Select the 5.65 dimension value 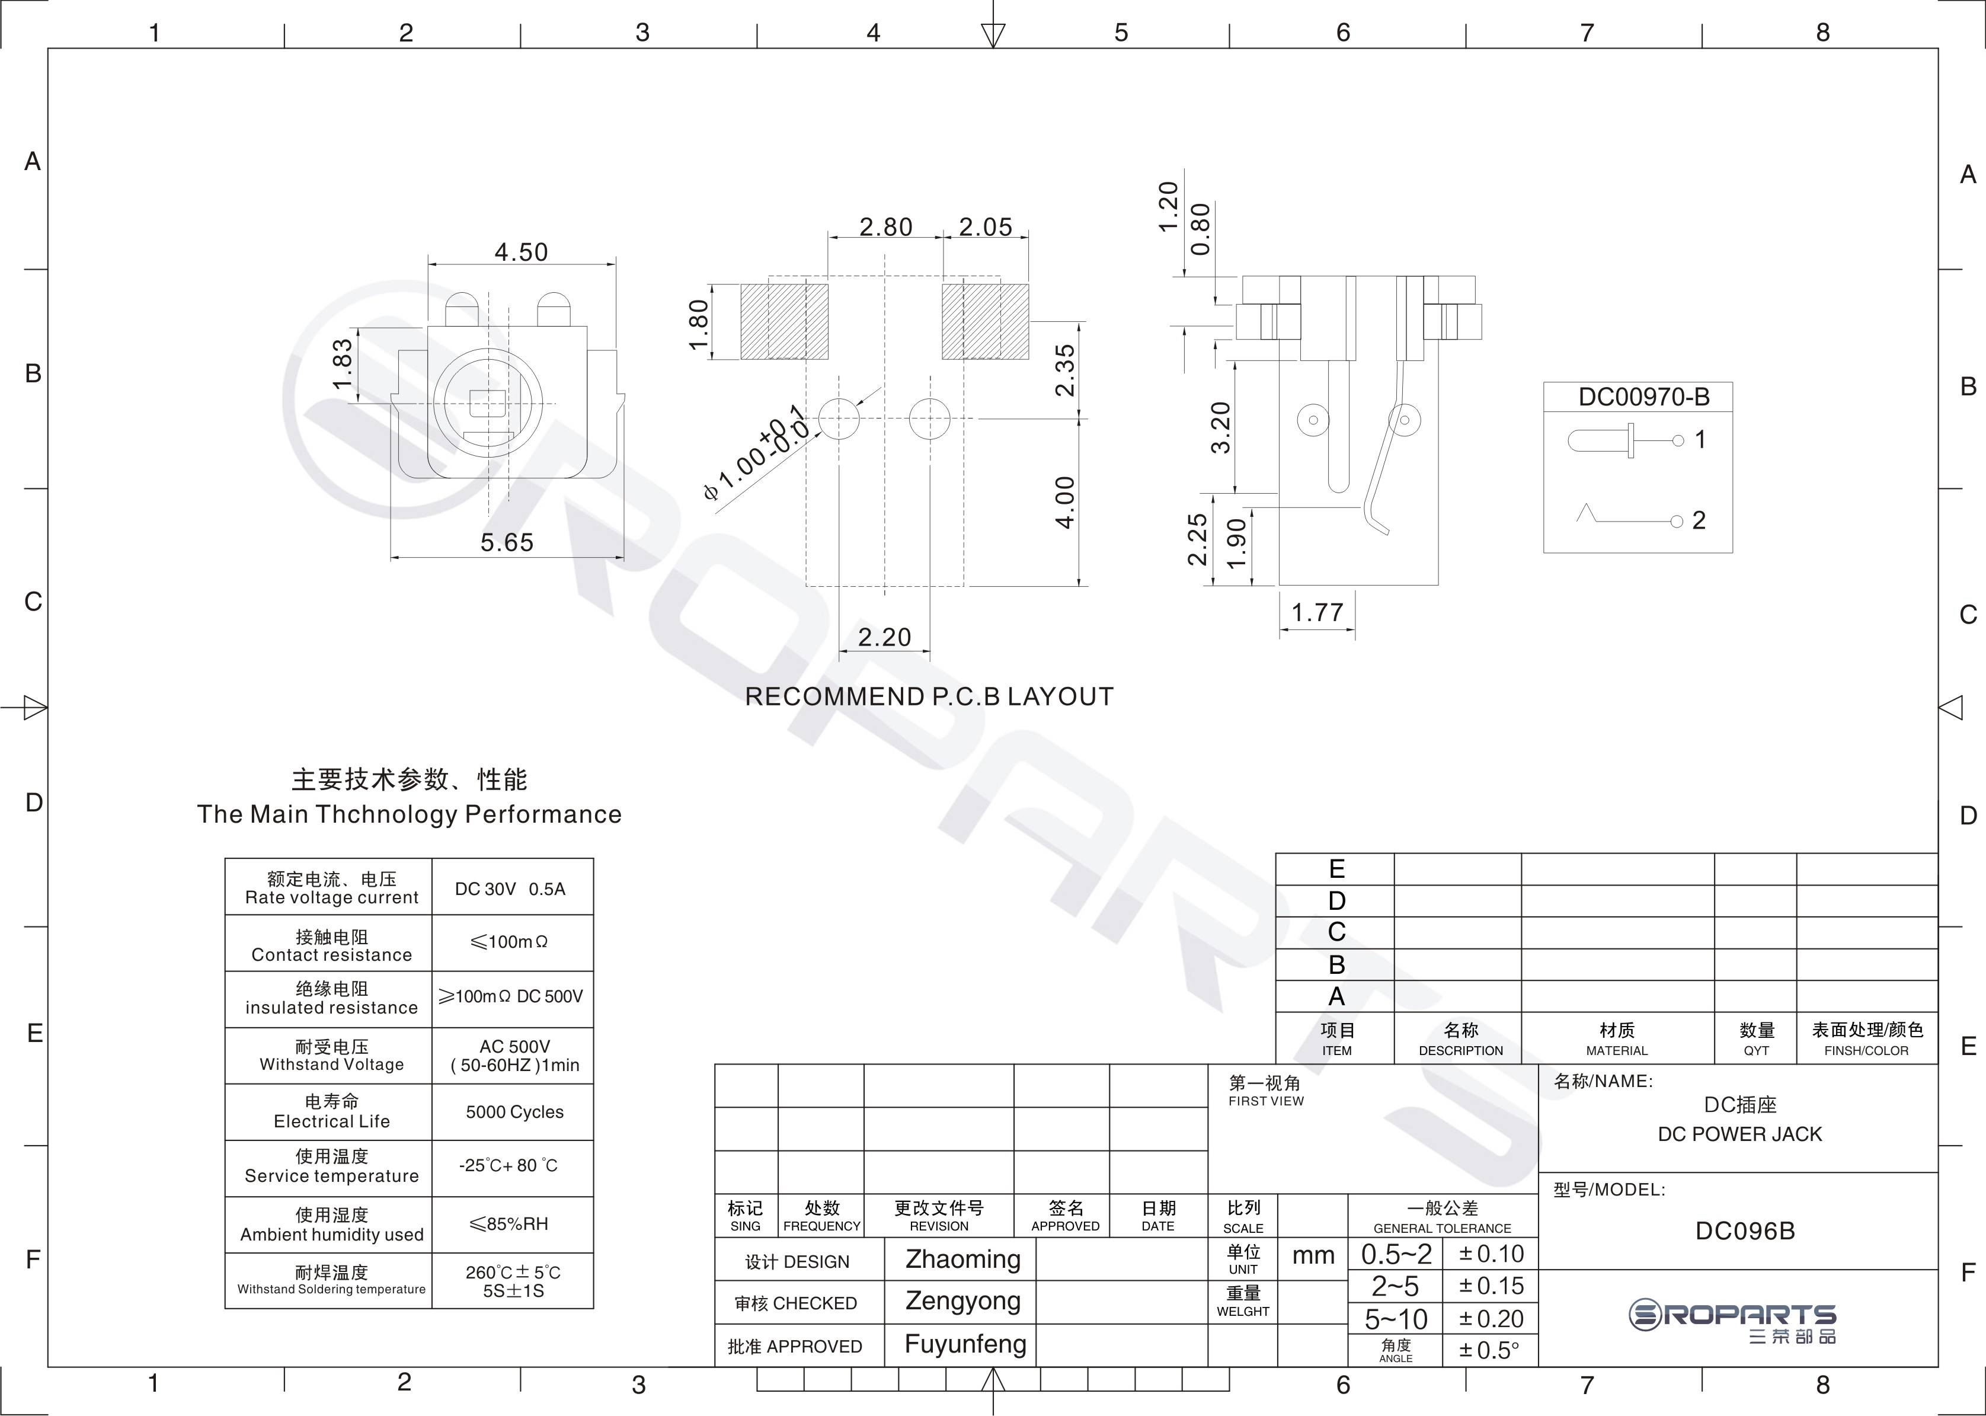[507, 542]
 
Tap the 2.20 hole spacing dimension [884, 637]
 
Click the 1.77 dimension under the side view [1317, 612]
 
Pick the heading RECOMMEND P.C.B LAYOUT [929, 696]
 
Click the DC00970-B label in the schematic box [1644, 398]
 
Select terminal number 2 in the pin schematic [1699, 520]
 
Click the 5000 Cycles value [514, 1112]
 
